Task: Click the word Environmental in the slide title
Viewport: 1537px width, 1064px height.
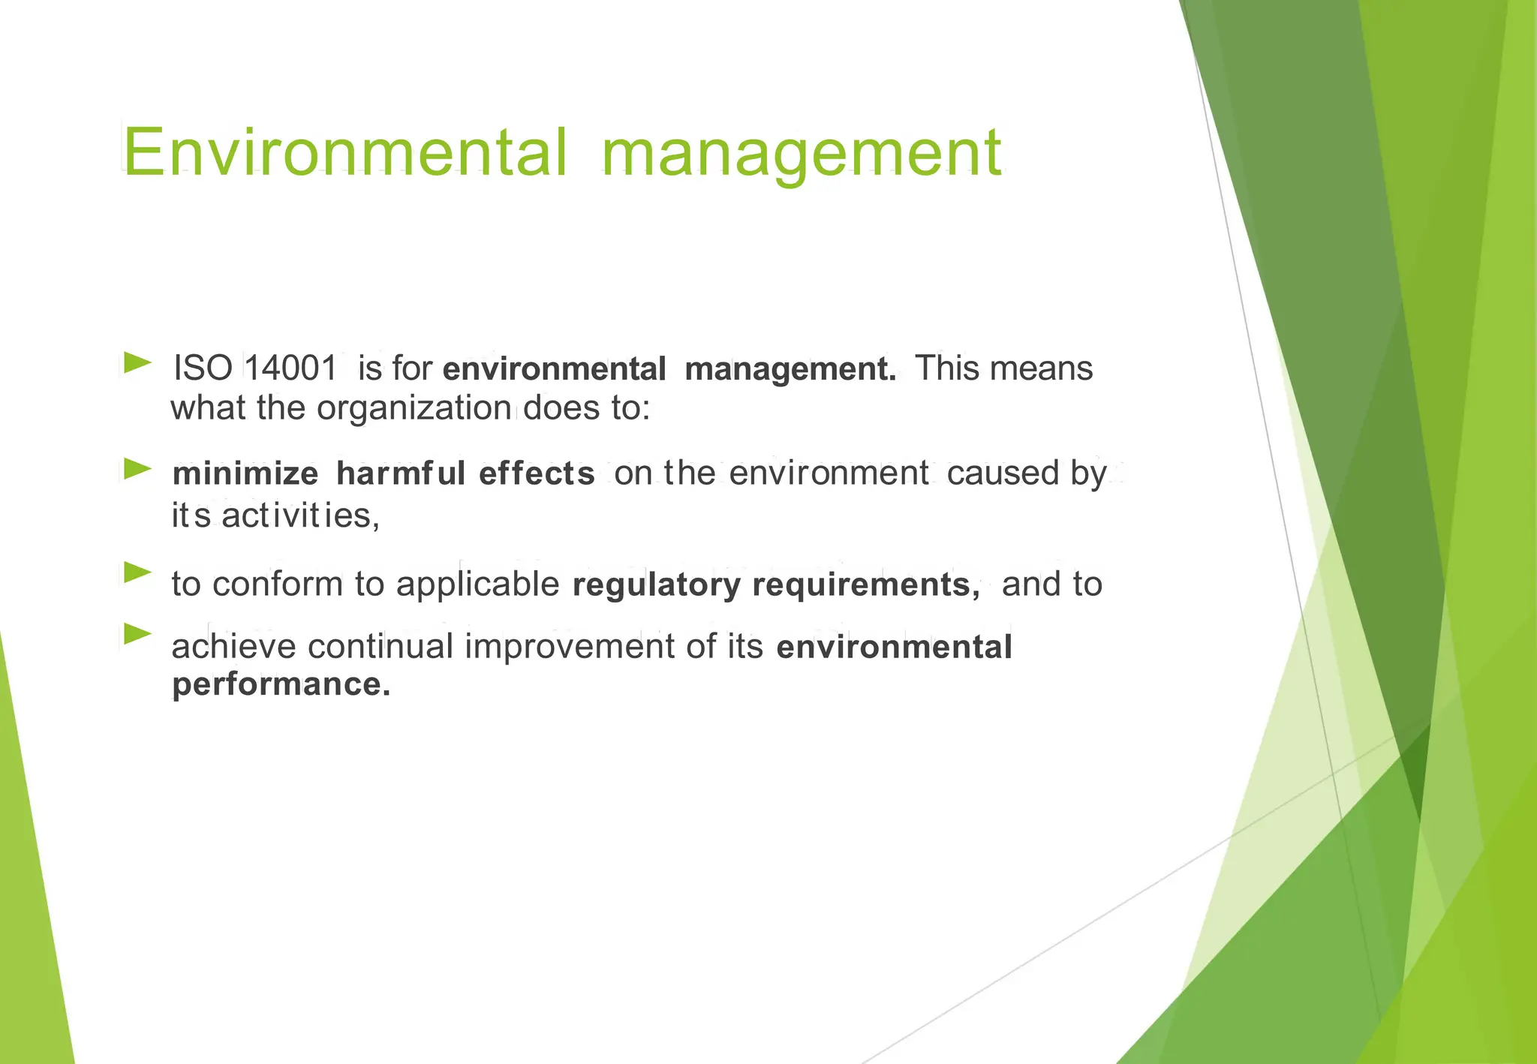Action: pyautogui.click(x=344, y=152)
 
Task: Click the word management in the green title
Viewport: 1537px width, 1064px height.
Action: pyautogui.click(x=801, y=154)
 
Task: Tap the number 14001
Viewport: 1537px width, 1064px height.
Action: pyautogui.click(x=291, y=369)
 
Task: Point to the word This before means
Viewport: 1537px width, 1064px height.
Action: pyautogui.click(x=947, y=368)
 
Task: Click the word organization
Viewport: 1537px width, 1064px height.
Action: pyautogui.click(x=414, y=408)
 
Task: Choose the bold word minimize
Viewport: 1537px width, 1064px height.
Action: pyautogui.click(x=245, y=473)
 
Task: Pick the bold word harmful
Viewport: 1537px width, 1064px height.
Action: pyautogui.click(x=402, y=473)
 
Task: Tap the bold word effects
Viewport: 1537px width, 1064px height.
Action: pyautogui.click(x=537, y=473)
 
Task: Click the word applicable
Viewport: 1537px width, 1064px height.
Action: pyautogui.click(x=478, y=585)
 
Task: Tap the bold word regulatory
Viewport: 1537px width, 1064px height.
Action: pyautogui.click(x=657, y=585)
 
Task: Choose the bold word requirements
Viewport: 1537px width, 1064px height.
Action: pyautogui.click(x=865, y=585)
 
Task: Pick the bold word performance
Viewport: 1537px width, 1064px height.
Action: pyautogui.click(x=281, y=684)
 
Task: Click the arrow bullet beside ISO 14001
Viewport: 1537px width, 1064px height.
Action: pyautogui.click(x=137, y=363)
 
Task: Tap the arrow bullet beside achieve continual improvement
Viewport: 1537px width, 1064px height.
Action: pyautogui.click(x=137, y=634)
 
